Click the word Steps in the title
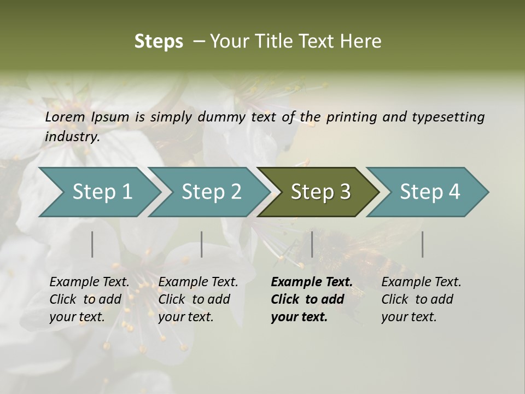coord(159,42)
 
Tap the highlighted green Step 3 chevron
coord(320,192)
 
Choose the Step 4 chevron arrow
coord(429,192)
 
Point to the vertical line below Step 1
coord(92,244)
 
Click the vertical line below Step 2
coord(202,244)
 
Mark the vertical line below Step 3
coord(312,244)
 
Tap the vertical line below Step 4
coord(423,244)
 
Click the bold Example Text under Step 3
coord(312,282)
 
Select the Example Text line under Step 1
coord(89,282)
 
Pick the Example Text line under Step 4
coord(421,282)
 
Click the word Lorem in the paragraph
coord(65,117)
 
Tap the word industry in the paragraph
coord(72,136)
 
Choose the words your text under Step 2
coord(185,317)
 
